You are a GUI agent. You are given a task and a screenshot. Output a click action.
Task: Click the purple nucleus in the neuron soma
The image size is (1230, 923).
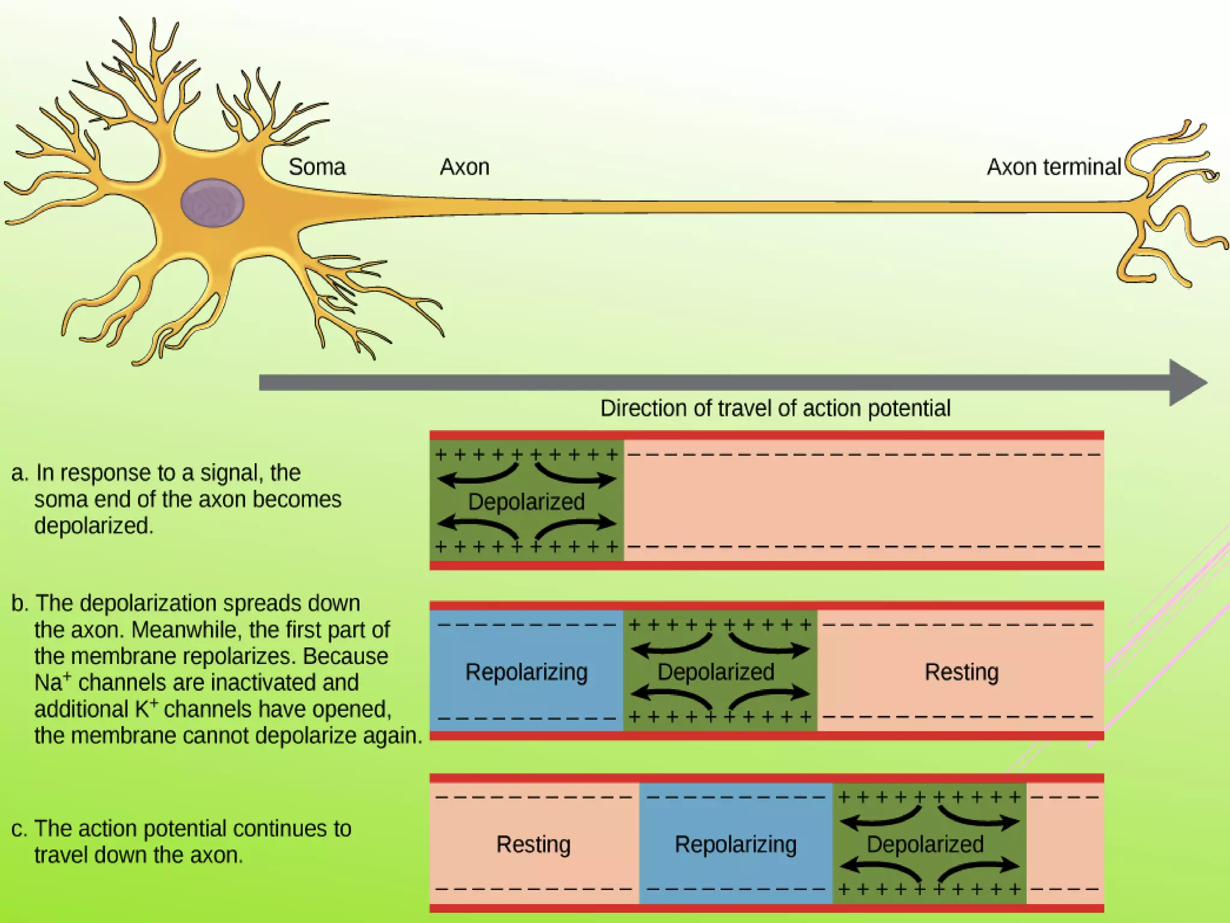point(212,203)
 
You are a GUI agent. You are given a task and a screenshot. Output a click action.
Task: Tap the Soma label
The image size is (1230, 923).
point(317,167)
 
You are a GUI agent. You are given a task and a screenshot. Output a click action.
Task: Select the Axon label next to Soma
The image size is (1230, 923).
point(464,167)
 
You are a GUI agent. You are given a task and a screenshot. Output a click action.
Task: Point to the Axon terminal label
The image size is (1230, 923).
point(1053,167)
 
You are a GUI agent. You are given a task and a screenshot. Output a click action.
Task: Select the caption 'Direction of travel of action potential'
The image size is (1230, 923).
point(775,409)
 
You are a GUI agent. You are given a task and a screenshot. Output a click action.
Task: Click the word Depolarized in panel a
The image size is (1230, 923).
point(526,502)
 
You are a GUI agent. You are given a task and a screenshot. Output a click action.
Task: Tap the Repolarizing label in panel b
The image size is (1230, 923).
point(526,672)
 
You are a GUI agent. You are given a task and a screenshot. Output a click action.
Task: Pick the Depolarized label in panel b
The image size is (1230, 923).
point(716,672)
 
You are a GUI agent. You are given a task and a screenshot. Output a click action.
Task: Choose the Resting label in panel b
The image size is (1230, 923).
point(961,672)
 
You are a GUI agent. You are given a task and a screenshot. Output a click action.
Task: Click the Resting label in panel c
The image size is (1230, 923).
point(533,844)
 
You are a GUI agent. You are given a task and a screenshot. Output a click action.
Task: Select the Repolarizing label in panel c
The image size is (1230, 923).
point(735,844)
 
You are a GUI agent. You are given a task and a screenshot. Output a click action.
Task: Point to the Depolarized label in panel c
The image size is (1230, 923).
point(925,844)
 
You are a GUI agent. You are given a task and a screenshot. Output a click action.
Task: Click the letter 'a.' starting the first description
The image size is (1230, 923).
point(19,474)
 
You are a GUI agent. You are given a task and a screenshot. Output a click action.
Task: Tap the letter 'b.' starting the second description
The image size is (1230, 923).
point(19,603)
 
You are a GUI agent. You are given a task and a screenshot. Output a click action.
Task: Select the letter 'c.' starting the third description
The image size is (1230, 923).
point(19,829)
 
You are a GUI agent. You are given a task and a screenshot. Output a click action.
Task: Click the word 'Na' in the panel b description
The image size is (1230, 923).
point(48,683)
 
